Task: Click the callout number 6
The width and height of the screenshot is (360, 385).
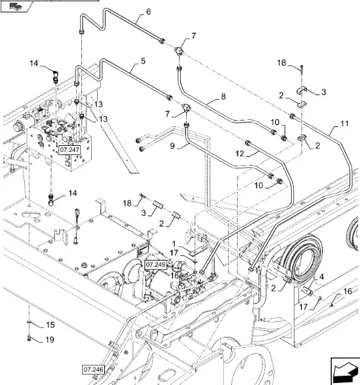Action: point(148,12)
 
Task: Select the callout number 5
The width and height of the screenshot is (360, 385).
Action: point(143,61)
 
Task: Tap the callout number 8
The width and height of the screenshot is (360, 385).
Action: point(223,96)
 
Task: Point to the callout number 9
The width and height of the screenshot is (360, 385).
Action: point(173,146)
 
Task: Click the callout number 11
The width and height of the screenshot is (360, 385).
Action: point(344,124)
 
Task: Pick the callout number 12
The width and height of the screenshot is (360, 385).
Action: point(240,154)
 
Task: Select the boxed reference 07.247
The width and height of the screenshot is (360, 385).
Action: point(70,150)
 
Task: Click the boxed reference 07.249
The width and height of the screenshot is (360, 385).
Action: point(156,264)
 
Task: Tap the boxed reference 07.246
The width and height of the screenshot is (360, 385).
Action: point(93,369)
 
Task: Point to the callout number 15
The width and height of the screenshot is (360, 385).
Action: point(50,325)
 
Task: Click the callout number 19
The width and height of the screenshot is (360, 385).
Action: point(50,339)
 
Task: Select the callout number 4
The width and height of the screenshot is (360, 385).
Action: point(322,277)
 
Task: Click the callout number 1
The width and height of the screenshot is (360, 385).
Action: point(174,244)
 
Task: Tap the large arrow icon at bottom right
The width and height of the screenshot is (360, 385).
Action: point(345,370)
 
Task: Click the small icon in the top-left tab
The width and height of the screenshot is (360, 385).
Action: point(16,6)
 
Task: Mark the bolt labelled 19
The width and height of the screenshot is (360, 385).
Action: point(29,339)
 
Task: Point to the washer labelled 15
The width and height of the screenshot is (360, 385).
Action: point(29,321)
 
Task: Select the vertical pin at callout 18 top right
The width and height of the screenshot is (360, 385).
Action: point(301,68)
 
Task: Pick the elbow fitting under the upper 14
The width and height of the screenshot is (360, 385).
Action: point(55,76)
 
